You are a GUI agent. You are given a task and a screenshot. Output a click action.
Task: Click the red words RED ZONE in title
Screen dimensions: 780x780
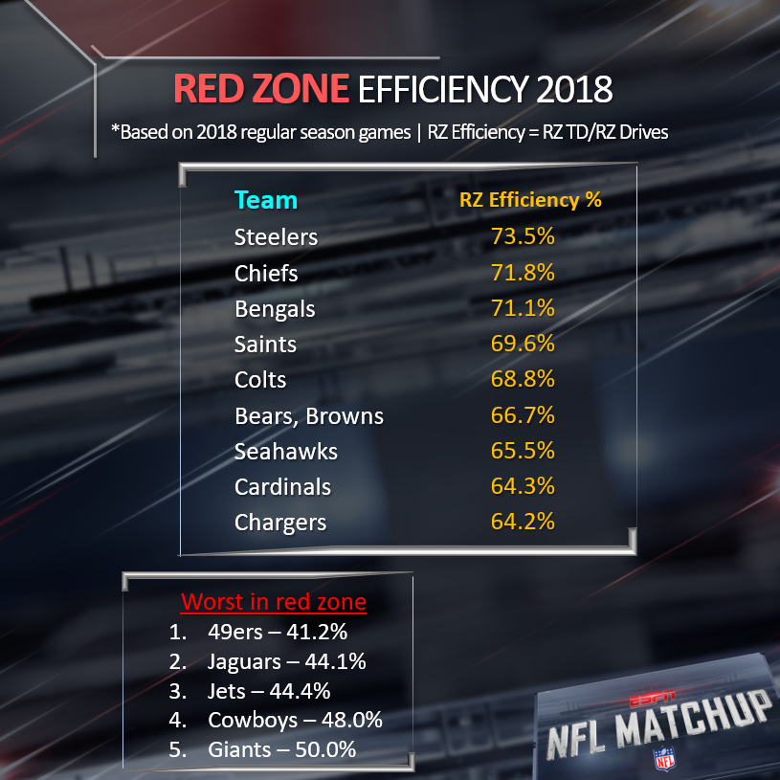coord(261,90)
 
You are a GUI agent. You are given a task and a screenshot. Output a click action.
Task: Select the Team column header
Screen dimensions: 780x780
coord(266,200)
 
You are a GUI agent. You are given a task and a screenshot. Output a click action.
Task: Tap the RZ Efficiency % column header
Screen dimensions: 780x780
coord(531,200)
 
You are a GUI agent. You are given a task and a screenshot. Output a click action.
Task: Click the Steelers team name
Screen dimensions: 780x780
coord(276,236)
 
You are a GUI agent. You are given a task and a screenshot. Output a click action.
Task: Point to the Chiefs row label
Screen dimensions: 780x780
coord(266,273)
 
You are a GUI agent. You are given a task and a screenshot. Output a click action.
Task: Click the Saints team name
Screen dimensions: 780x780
coord(265,344)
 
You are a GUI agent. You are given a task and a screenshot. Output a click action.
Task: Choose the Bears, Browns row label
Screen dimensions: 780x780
coord(308,415)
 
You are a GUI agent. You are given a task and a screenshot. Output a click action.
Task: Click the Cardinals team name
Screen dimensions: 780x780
coord(282,486)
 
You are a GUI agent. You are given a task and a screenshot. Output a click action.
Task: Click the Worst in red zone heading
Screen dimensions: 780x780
coord(273,603)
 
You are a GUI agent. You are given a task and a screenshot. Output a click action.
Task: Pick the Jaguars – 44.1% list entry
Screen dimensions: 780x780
coord(286,660)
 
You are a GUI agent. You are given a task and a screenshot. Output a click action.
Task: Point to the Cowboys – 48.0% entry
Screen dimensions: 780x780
coord(295,720)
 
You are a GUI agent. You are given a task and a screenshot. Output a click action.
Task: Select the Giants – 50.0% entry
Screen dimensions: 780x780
coord(281,749)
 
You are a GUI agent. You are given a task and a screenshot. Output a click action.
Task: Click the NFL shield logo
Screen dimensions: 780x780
coord(662,758)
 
